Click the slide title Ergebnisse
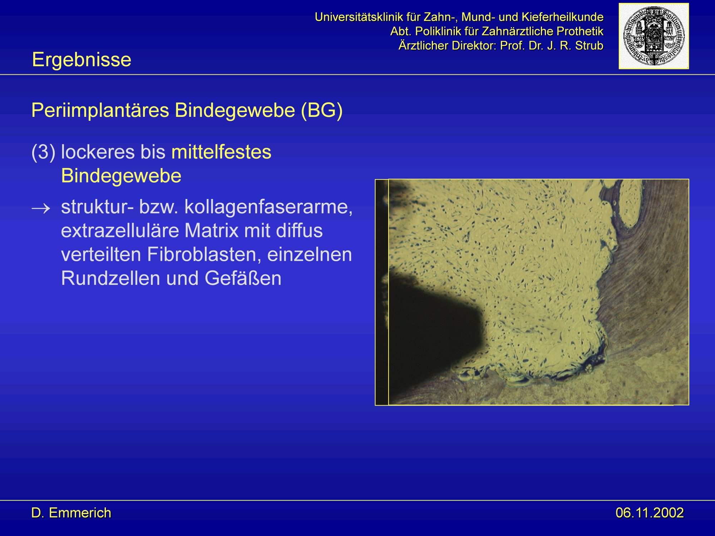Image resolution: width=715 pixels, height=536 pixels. click(x=82, y=60)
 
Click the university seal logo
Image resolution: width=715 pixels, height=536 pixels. click(x=654, y=36)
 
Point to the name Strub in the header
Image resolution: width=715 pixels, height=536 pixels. click(x=589, y=46)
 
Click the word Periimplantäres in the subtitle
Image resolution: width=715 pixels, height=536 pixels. click(x=100, y=110)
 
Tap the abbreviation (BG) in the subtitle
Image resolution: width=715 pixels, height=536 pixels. click(x=322, y=110)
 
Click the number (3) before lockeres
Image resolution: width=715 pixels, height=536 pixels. click(x=43, y=153)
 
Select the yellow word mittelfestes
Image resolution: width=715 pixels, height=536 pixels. click(x=221, y=152)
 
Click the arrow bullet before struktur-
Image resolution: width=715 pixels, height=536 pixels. click(x=41, y=208)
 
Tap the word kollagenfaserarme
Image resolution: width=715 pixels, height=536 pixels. click(x=268, y=207)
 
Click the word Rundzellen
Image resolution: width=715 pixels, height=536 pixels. click(x=110, y=278)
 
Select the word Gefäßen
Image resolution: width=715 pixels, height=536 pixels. click(x=243, y=278)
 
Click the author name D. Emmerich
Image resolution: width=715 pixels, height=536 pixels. click(x=71, y=513)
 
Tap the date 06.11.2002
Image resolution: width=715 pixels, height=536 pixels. click(x=650, y=513)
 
